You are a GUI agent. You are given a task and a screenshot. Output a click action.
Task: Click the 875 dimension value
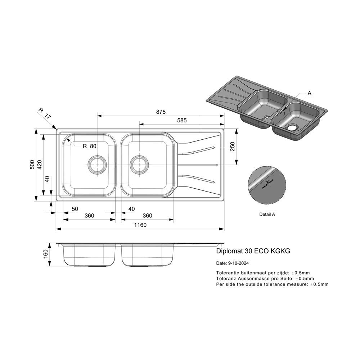[x=161, y=112]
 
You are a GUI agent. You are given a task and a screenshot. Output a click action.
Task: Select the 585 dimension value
[x=182, y=120]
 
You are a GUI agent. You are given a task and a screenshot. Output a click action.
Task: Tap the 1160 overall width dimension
[x=140, y=225]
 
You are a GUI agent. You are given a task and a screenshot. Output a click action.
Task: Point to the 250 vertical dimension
[x=233, y=147]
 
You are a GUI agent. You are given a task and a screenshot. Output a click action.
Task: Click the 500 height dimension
[x=32, y=165]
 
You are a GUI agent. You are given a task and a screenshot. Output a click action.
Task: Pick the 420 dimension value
[x=40, y=165]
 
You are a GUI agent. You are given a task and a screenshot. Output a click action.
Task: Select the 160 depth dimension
[x=45, y=254]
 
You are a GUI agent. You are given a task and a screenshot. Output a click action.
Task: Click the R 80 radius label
[x=89, y=146]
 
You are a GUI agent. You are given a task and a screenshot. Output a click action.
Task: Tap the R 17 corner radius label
[x=45, y=113]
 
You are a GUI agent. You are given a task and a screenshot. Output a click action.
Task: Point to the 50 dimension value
[x=75, y=209]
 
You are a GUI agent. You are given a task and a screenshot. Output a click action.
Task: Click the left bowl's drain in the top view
[x=97, y=165]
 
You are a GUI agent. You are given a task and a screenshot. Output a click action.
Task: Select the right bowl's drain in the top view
[x=139, y=165]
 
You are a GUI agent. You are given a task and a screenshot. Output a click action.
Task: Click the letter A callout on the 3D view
[x=309, y=93]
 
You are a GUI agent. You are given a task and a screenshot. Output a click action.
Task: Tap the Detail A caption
[x=267, y=215]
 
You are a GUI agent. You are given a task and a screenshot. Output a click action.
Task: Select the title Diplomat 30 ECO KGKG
[x=253, y=251]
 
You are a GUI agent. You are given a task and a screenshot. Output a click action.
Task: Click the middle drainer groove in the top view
[x=197, y=165]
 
